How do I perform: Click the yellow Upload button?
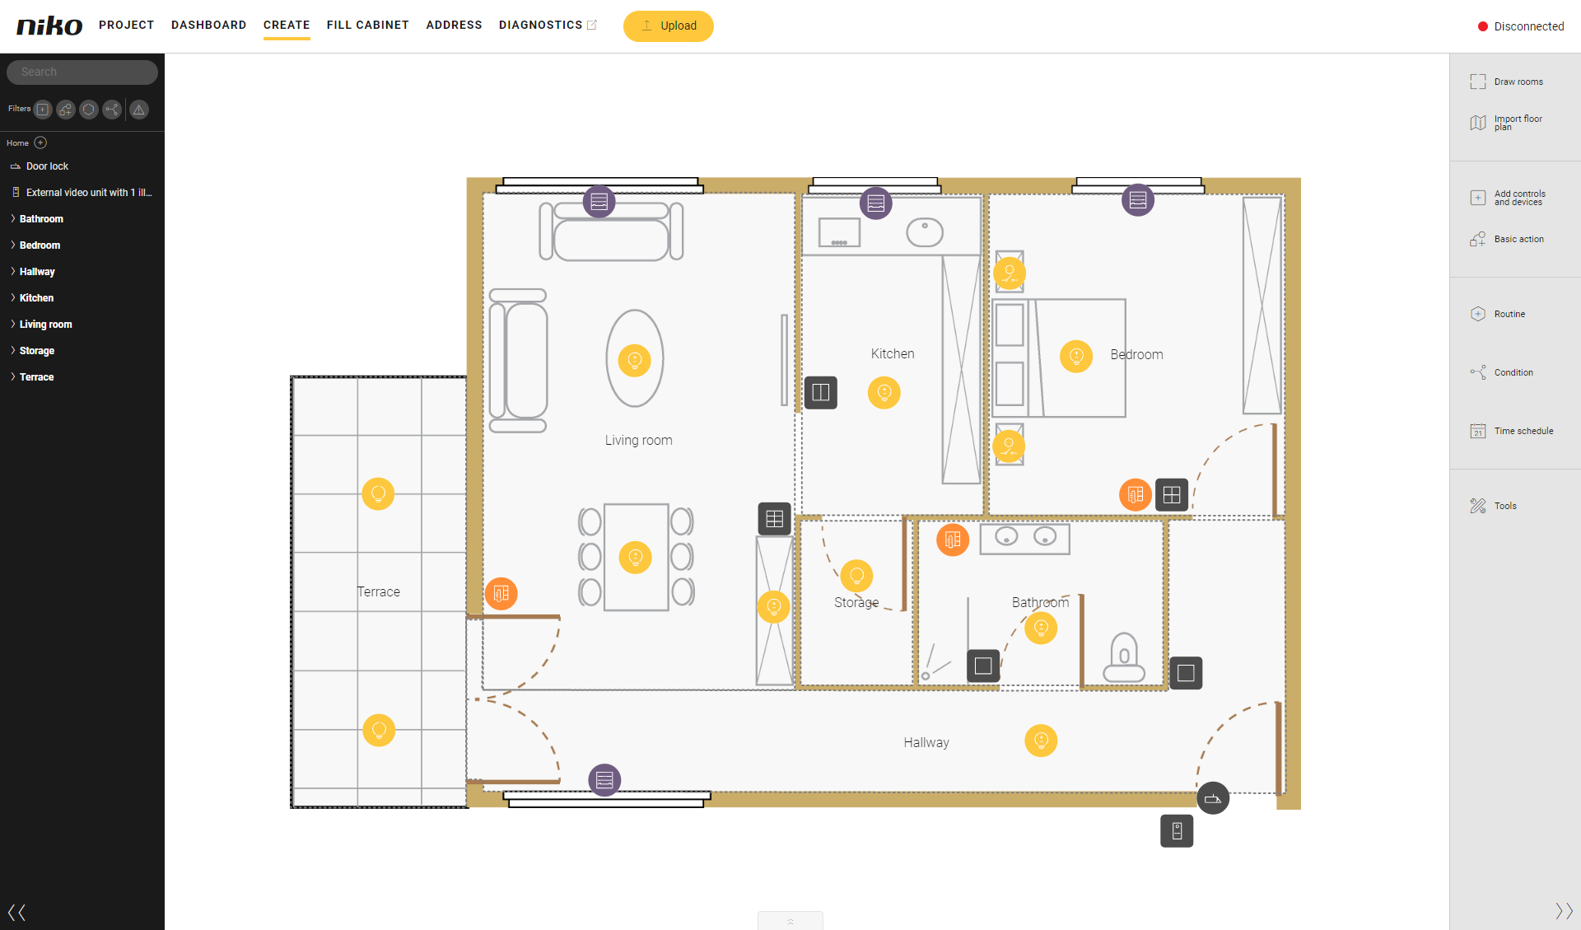pyautogui.click(x=669, y=26)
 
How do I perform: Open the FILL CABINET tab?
pyautogui.click(x=368, y=25)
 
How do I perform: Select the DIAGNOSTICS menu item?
pyautogui.click(x=541, y=25)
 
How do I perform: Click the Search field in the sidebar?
pyautogui.click(x=82, y=72)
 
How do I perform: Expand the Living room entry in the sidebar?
pyautogui.click(x=45, y=325)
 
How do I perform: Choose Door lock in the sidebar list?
pyautogui.click(x=47, y=166)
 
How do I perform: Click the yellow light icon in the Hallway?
pyautogui.click(x=1041, y=741)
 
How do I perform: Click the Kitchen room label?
pyautogui.click(x=893, y=353)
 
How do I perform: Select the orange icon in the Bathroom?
pyautogui.click(x=953, y=540)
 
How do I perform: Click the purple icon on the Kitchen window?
pyautogui.click(x=876, y=203)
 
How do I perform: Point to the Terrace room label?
pyautogui.click(x=379, y=591)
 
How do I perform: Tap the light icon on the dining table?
pyautogui.click(x=635, y=558)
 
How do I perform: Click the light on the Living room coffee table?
pyautogui.click(x=634, y=360)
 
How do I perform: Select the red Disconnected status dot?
pyautogui.click(x=1483, y=26)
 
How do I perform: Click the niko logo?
pyautogui.click(x=49, y=26)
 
